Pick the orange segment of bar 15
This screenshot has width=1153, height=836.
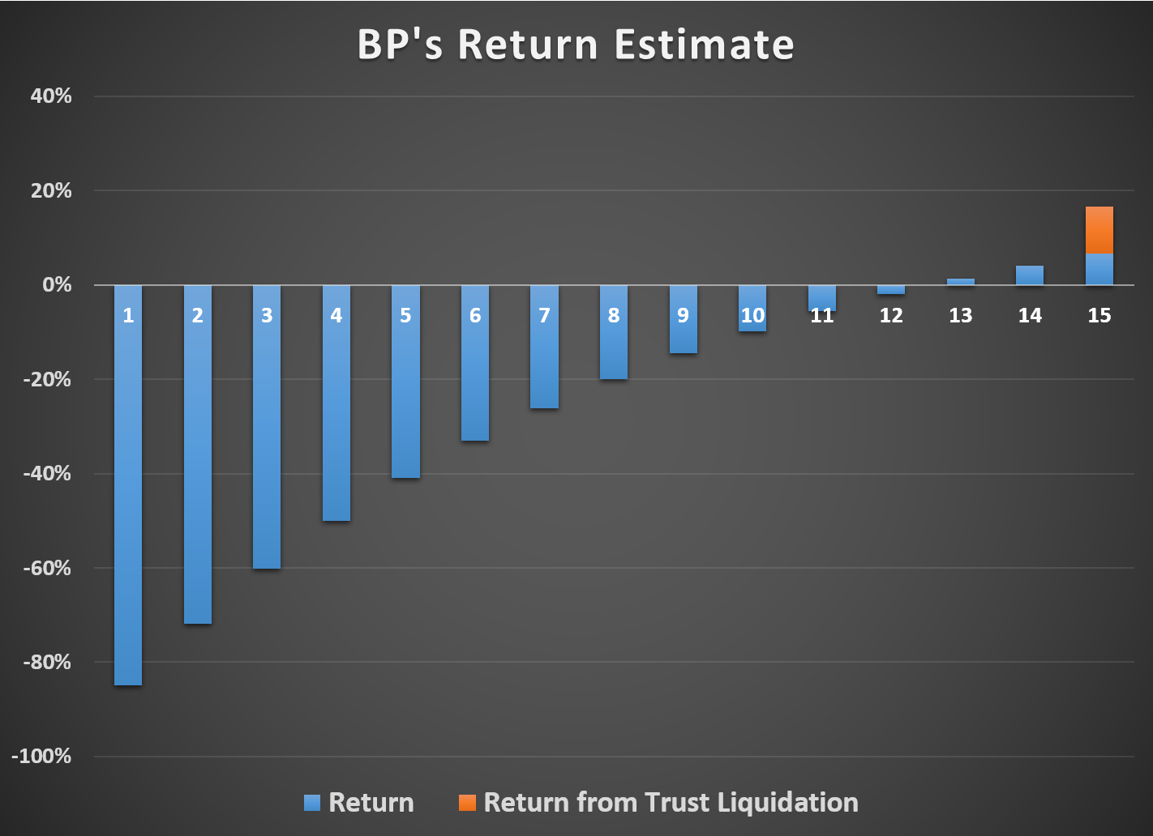1099,230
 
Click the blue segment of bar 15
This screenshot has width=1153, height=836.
1099,270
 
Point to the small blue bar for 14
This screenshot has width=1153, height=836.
1030,275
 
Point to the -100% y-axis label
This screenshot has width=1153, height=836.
41,757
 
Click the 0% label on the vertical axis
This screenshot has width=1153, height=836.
57,285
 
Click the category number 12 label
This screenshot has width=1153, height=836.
891,315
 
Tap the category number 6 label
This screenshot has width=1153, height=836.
475,315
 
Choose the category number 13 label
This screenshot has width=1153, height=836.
960,315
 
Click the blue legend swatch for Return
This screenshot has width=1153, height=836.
312,803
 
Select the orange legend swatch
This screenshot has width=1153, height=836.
467,803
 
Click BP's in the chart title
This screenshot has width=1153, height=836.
400,45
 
